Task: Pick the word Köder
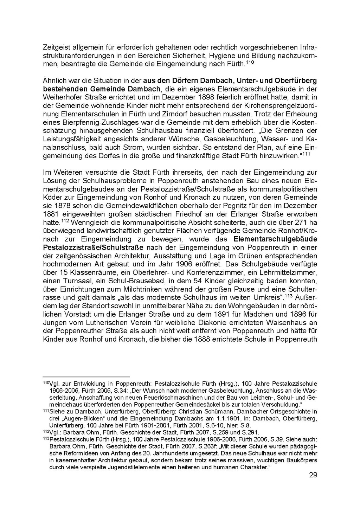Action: pos(51,198)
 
